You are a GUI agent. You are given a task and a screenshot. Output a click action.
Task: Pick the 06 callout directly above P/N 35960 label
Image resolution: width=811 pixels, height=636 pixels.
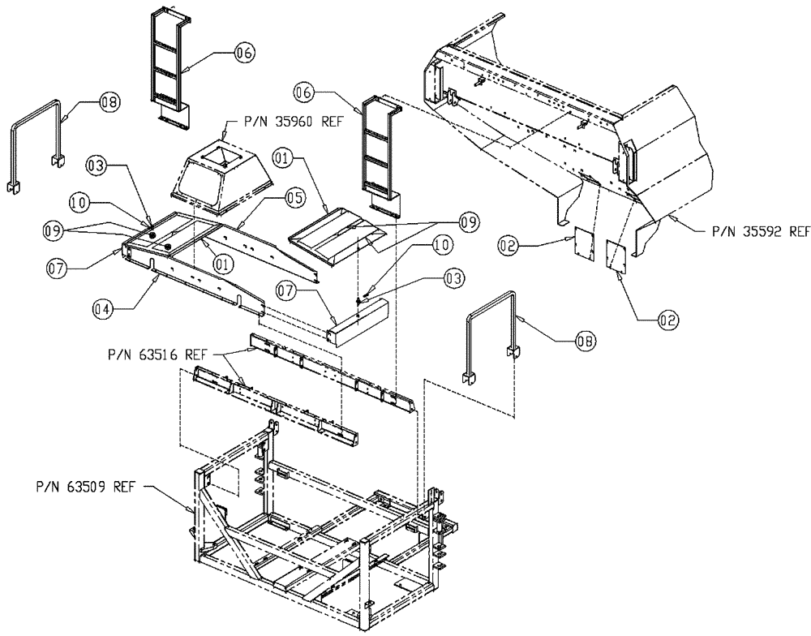[x=242, y=53]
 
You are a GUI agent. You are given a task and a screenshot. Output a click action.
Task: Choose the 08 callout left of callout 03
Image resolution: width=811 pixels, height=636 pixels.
[x=109, y=102]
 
